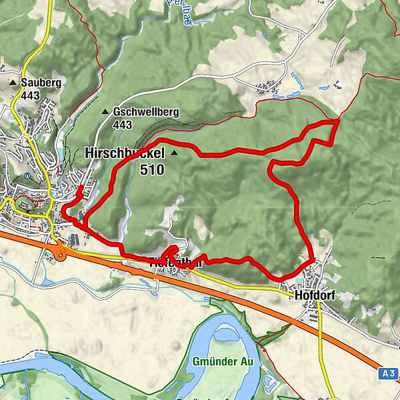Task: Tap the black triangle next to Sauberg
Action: tap(13, 83)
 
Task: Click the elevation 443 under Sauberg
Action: tap(30, 95)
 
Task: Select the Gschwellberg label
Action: tap(145, 112)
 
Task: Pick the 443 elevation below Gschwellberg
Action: tap(123, 125)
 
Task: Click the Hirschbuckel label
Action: tap(125, 153)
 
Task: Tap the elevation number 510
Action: tap(152, 169)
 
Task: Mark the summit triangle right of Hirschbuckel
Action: tap(174, 153)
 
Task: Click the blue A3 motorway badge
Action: tap(390, 375)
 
